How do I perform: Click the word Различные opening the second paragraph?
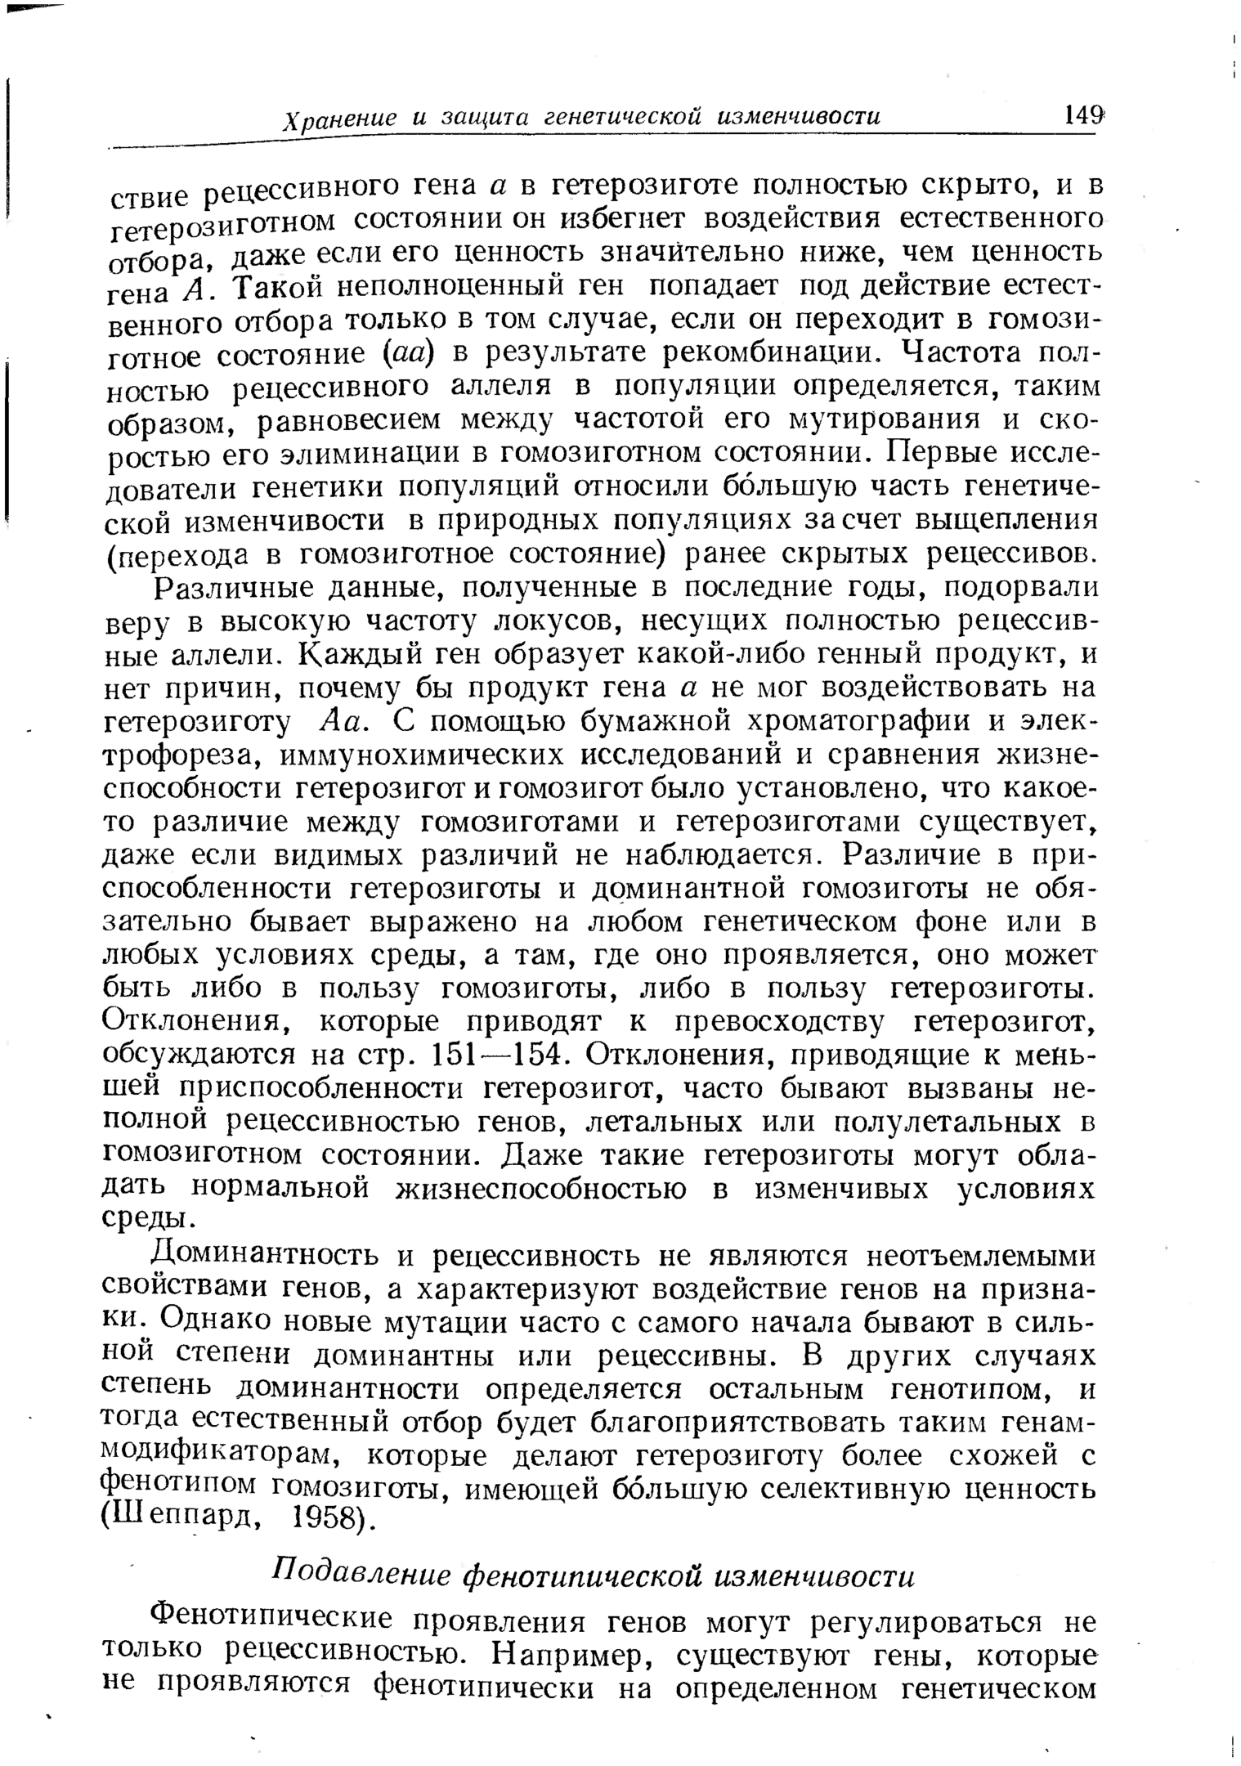click(226, 588)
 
